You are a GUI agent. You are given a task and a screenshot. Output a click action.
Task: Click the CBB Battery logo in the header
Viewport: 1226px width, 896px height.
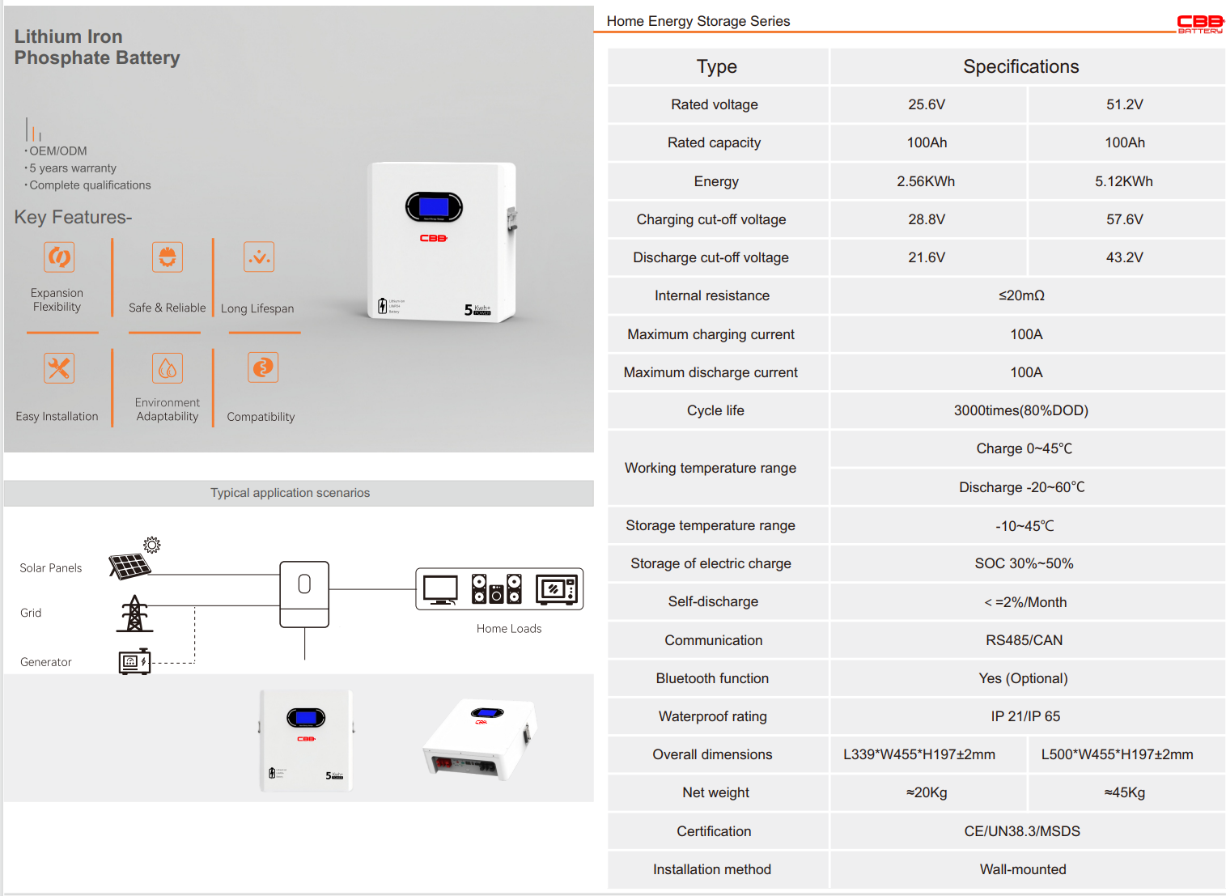[1199, 23]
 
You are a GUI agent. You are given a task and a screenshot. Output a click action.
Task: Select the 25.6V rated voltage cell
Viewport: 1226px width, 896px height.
[927, 104]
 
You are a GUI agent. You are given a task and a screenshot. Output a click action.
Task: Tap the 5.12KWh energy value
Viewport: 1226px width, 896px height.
[1123, 181]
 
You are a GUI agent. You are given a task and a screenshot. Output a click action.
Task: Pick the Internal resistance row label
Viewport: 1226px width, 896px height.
[712, 295]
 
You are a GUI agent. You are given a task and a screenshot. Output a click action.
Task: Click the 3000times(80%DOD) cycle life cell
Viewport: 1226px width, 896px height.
[1020, 410]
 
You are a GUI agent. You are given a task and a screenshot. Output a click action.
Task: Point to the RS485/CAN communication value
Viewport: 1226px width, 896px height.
[1024, 640]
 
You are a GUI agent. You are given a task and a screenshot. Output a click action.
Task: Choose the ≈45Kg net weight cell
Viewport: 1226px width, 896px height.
[1124, 792]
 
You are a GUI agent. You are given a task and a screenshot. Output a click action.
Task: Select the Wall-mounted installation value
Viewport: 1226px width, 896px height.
[1023, 869]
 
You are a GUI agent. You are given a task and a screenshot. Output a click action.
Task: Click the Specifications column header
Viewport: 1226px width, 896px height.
[1020, 66]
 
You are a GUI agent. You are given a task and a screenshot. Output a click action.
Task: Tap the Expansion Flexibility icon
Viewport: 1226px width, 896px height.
[59, 257]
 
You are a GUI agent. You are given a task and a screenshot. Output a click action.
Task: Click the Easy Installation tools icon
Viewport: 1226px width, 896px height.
[59, 368]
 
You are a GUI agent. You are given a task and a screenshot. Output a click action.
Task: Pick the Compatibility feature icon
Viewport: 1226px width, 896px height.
[263, 367]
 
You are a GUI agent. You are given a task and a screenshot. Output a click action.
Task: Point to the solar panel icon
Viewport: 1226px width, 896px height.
[130, 565]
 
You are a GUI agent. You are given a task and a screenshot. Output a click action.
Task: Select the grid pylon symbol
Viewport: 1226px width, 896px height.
[134, 614]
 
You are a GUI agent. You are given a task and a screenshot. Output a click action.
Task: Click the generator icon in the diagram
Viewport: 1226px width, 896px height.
[134, 662]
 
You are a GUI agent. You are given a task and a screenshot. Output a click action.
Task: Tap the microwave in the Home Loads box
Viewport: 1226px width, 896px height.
[557, 589]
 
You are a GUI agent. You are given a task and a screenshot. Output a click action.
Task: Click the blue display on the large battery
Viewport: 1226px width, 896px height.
[434, 207]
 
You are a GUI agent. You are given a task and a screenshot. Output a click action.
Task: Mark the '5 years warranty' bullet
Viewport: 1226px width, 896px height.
[73, 168]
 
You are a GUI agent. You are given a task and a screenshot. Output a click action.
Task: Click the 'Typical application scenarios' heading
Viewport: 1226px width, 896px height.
[290, 493]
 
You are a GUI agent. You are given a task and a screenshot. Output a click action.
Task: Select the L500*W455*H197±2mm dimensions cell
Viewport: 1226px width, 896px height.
[1117, 754]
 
